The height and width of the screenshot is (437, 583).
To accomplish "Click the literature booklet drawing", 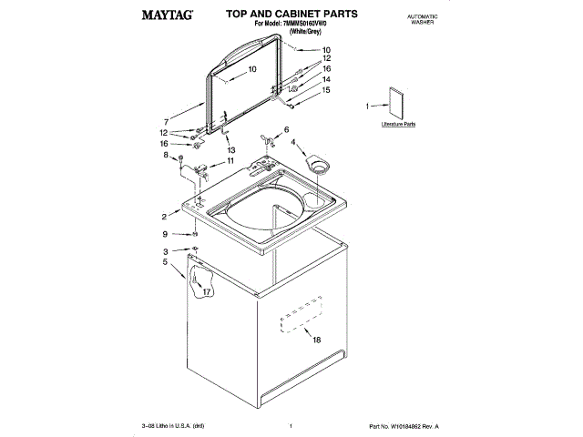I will pos(397,103).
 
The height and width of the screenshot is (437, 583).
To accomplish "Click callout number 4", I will pos(293,142).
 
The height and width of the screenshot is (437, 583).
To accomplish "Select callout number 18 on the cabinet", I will pos(316,340).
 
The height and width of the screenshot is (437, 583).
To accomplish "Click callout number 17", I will pos(207,292).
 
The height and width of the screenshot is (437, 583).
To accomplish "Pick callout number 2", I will pos(165,217).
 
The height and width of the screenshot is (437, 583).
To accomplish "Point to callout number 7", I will pos(166,122).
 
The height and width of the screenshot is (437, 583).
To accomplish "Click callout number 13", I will pos(231,150).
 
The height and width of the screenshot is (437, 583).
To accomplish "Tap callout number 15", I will pos(326,90).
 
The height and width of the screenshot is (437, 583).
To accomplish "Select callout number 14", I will pos(326,79).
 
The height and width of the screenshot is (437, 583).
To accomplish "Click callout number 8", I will pos(166,156).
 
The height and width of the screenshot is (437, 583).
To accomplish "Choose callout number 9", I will pos(165,234).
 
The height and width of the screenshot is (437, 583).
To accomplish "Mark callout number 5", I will pos(165,262).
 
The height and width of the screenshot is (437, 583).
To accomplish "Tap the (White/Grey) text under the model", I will pos(302,32).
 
